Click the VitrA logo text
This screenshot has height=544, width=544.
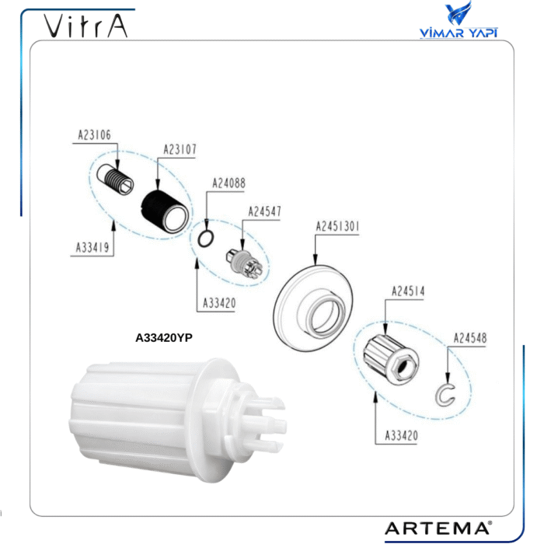(x=85, y=26)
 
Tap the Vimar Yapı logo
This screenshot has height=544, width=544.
(x=459, y=20)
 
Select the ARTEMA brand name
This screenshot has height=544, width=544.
(x=438, y=528)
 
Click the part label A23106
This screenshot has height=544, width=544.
(x=94, y=135)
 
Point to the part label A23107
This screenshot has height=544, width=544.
(x=180, y=149)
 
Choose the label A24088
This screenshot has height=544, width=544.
(x=228, y=183)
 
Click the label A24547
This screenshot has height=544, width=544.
(x=264, y=211)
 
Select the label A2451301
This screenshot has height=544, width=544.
(x=337, y=227)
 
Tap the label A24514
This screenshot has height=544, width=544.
(x=408, y=291)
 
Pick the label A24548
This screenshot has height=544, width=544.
(x=470, y=338)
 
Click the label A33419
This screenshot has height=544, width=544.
(x=92, y=248)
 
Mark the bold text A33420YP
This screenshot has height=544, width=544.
(x=164, y=337)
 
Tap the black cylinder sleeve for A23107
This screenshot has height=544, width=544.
(x=166, y=212)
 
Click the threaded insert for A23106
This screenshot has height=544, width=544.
(x=115, y=179)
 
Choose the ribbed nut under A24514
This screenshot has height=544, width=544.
(x=391, y=359)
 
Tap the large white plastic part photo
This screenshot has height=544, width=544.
(x=177, y=420)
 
